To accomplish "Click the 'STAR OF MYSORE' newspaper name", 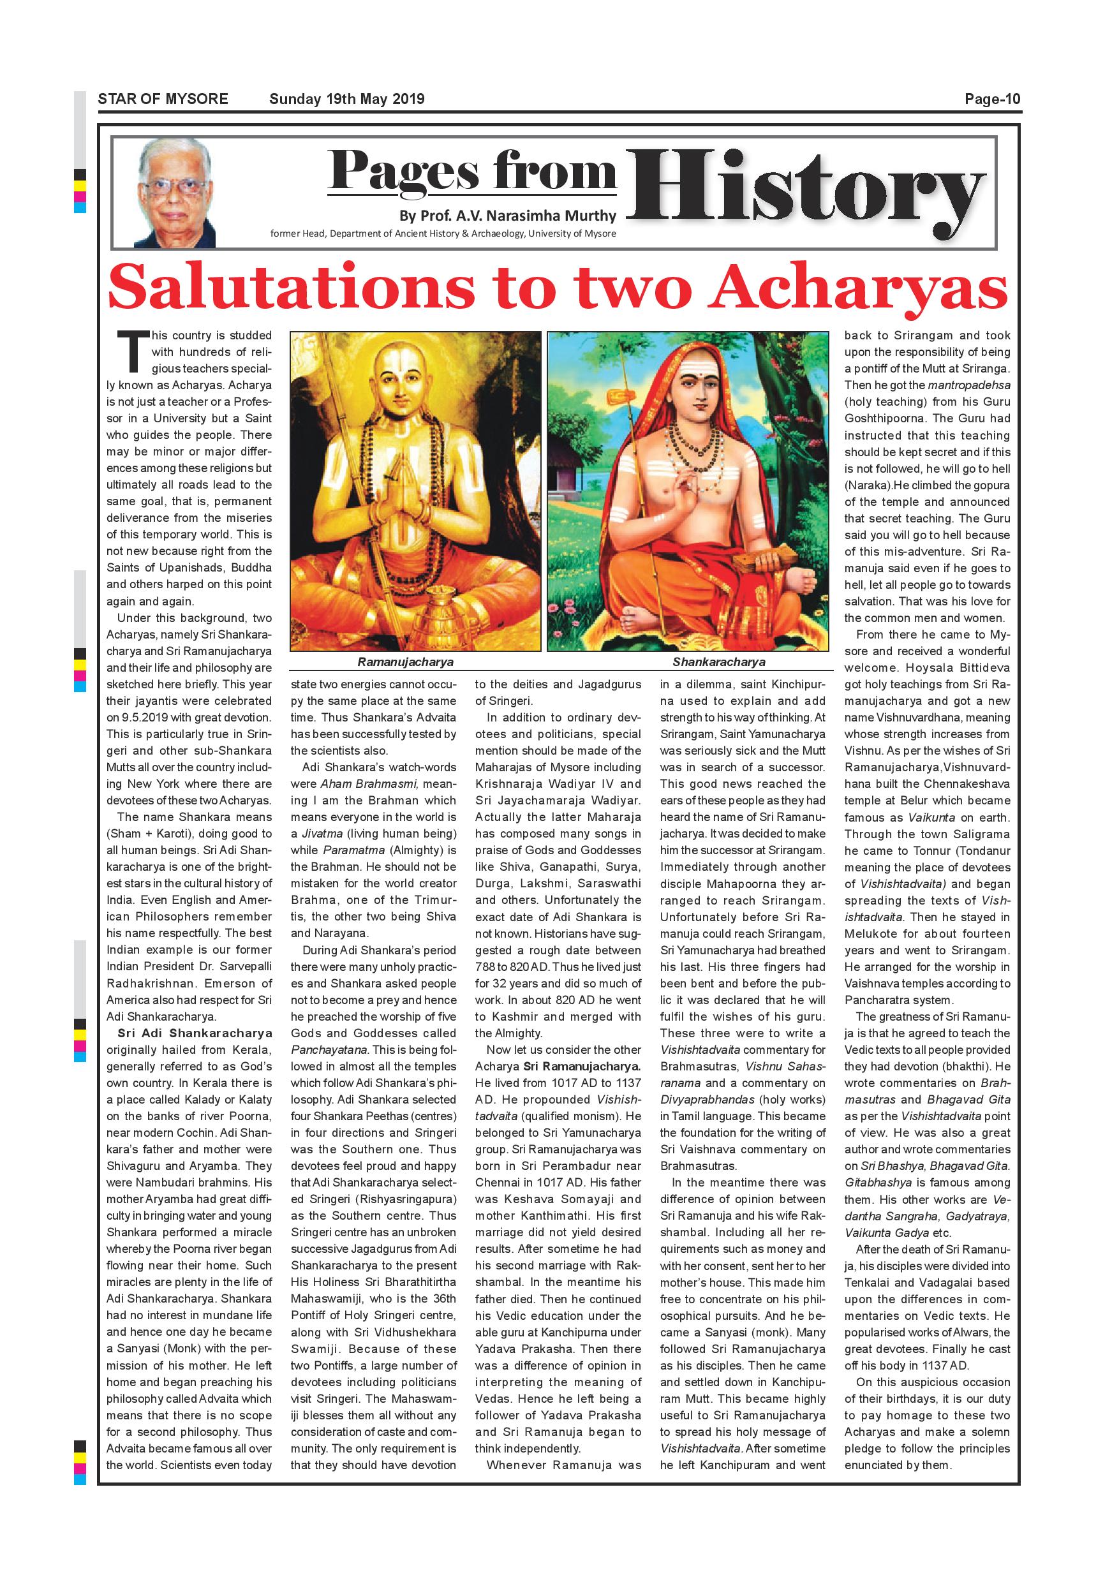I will tap(163, 98).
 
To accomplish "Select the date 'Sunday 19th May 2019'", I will tap(346, 98).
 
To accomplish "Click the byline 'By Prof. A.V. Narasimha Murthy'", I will tap(508, 216).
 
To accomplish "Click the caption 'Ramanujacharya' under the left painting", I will tap(405, 662).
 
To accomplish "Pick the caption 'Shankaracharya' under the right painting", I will tap(718, 662).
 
